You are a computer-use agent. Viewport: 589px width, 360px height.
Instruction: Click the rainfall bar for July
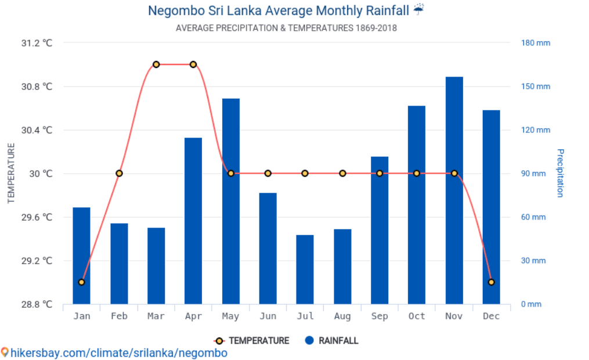click(x=305, y=269)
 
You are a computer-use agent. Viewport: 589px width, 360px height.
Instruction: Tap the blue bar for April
click(x=193, y=221)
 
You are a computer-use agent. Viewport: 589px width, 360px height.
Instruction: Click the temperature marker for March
click(x=156, y=64)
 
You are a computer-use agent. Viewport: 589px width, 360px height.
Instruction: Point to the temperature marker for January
click(x=82, y=282)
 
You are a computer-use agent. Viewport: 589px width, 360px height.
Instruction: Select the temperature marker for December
click(x=492, y=282)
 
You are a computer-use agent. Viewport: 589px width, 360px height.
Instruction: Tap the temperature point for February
click(x=119, y=174)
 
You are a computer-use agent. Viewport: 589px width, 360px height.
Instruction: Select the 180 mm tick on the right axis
click(x=534, y=43)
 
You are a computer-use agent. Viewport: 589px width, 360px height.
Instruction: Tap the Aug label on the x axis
click(x=342, y=316)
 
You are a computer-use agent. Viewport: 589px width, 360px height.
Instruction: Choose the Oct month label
click(x=417, y=316)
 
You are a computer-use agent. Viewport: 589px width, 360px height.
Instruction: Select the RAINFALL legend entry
click(x=332, y=341)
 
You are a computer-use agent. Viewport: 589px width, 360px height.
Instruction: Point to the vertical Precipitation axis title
click(x=560, y=173)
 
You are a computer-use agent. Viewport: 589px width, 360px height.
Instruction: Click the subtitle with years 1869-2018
click(x=286, y=28)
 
